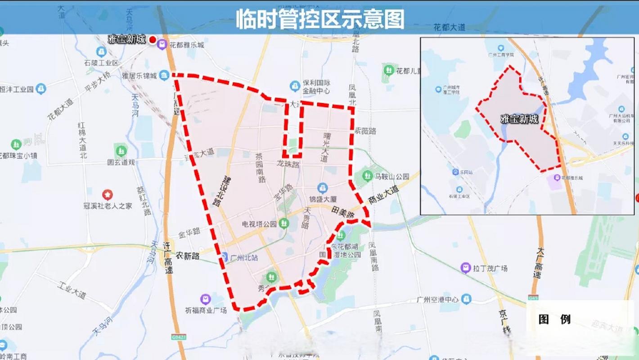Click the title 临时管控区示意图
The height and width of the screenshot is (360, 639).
(x=320, y=19)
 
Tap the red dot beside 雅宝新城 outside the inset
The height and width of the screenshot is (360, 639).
(x=153, y=40)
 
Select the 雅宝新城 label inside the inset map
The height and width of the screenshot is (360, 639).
(x=519, y=119)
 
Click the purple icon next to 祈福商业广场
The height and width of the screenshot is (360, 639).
(x=205, y=299)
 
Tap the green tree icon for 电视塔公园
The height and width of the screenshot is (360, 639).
(x=283, y=222)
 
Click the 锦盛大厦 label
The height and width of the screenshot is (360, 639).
(x=323, y=199)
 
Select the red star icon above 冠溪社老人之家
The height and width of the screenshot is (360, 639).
(x=107, y=195)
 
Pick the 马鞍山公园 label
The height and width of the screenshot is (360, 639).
(x=392, y=177)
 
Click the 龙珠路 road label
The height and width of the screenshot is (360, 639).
(x=288, y=164)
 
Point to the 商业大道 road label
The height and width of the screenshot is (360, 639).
(x=383, y=195)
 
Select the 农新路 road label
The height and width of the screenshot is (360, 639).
(x=187, y=255)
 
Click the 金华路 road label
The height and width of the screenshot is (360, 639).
(x=189, y=233)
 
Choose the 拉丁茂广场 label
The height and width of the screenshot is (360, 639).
(x=490, y=268)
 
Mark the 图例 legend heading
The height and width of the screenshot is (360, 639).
(x=554, y=319)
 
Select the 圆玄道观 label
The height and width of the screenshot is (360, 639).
(x=121, y=162)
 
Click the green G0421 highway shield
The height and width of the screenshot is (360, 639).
(x=178, y=336)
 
